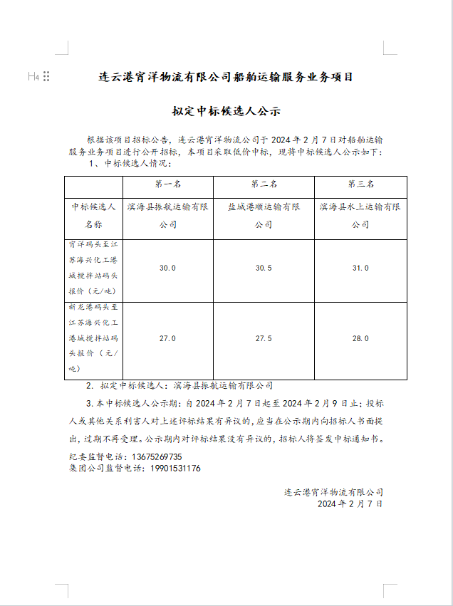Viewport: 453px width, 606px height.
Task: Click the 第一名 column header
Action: click(x=167, y=184)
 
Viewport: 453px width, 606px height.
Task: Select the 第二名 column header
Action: click(x=264, y=184)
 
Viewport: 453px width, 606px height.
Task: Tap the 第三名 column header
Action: click(x=360, y=184)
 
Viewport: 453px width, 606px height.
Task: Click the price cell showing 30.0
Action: click(x=167, y=268)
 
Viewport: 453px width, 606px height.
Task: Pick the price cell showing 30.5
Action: click(x=264, y=268)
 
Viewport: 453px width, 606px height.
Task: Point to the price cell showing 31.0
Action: click(x=360, y=268)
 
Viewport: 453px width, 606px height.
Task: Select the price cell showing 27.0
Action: click(x=167, y=338)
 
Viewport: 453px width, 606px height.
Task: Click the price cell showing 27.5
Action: click(x=264, y=338)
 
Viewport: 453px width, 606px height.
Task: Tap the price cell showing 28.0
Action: click(x=360, y=338)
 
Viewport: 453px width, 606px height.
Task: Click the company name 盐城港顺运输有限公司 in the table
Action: click(x=264, y=216)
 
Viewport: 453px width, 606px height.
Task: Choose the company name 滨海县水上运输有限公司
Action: click(x=360, y=216)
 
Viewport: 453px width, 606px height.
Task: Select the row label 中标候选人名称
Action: click(x=93, y=216)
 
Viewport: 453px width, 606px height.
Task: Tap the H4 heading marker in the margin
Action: click(x=33, y=76)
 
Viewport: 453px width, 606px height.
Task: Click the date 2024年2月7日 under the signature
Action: click(x=350, y=503)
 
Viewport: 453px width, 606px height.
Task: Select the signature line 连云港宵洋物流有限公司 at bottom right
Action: click(x=334, y=491)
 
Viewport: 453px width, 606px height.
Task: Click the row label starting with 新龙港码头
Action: click(x=93, y=338)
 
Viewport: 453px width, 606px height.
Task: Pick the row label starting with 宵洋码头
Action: click(x=93, y=268)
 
